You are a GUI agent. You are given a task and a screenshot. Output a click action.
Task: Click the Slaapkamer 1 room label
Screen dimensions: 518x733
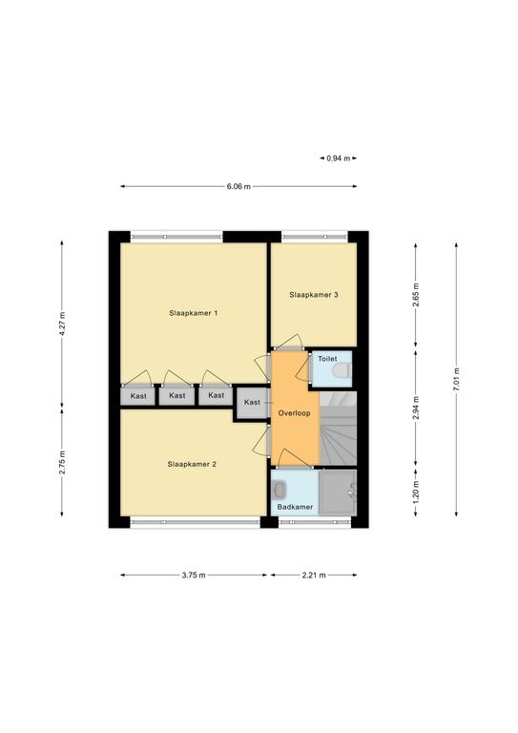tap(193, 313)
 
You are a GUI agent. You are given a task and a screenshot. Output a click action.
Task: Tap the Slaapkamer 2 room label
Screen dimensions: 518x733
tap(192, 464)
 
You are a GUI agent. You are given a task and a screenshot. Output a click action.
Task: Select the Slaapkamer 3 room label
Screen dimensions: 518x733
tap(314, 295)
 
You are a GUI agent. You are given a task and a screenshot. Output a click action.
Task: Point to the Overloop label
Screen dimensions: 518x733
tap(294, 413)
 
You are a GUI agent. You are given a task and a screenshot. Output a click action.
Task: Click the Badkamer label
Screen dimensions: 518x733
tap(295, 507)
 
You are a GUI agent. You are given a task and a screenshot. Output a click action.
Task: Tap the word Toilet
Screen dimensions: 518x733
tap(327, 359)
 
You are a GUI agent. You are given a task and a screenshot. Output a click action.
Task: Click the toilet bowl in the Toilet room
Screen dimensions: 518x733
tap(341, 371)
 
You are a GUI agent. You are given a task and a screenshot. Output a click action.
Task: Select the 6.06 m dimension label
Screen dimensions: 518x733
tap(238, 186)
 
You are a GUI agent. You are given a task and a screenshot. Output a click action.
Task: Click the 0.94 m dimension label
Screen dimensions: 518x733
tap(338, 158)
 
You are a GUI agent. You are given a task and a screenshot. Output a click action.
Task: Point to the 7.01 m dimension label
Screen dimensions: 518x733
tap(456, 380)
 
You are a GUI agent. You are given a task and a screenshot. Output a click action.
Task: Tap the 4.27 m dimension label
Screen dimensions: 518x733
tap(62, 324)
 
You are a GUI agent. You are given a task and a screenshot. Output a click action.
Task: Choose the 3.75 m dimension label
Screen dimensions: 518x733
tap(194, 575)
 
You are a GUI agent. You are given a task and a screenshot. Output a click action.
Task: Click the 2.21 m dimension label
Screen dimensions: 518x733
tap(314, 575)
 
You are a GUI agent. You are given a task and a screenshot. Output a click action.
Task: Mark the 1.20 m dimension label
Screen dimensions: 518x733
tap(416, 492)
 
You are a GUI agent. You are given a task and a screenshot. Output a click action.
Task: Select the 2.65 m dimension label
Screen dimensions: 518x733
tap(416, 295)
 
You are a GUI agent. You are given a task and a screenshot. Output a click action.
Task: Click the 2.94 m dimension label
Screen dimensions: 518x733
tap(416, 408)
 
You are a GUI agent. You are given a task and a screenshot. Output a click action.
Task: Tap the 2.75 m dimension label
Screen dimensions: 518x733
tap(62, 463)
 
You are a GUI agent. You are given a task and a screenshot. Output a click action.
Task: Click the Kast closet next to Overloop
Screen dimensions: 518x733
tap(252, 402)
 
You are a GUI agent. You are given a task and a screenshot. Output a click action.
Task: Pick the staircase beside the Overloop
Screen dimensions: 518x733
tap(338, 429)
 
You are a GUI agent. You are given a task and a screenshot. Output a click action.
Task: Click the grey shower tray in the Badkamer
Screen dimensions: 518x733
tap(338, 492)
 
